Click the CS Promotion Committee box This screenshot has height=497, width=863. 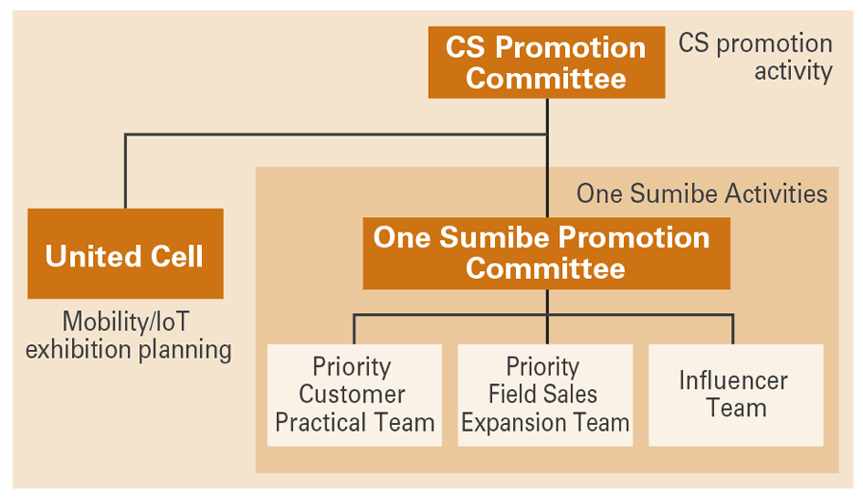click(546, 63)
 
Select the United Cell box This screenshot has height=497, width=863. click(125, 254)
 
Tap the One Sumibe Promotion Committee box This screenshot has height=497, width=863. click(546, 253)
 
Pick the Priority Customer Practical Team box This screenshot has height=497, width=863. click(354, 395)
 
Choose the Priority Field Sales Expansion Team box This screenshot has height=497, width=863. click(545, 395)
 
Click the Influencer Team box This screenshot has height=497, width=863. click(735, 395)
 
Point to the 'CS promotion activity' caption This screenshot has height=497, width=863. click(756, 57)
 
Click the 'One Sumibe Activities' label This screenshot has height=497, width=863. click(702, 194)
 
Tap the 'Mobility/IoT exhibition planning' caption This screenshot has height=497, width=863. click(128, 335)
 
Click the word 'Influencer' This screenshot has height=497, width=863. click(733, 381)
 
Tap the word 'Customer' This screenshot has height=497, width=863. click(352, 395)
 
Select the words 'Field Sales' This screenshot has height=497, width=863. click(543, 395)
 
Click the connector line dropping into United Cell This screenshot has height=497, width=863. click(125, 171)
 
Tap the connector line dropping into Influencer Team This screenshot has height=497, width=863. click(733, 329)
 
